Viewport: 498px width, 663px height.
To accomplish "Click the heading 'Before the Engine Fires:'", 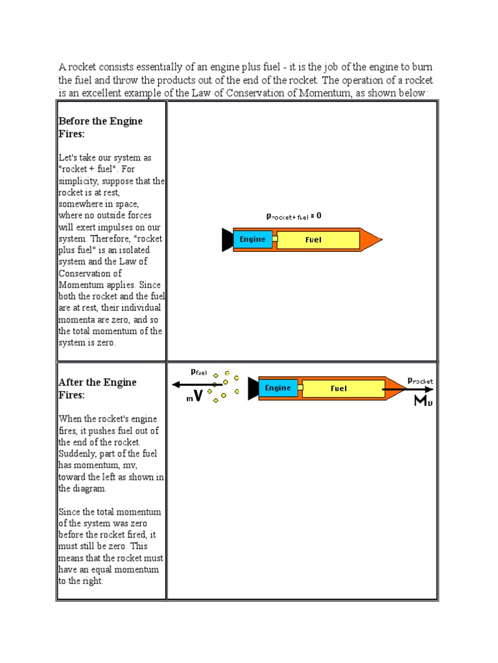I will tap(100, 127).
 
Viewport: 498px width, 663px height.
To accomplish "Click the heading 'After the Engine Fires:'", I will tap(97, 388).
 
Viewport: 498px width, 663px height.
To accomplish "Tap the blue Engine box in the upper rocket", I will tap(252, 240).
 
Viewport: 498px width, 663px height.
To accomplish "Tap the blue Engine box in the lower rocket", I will tap(278, 388).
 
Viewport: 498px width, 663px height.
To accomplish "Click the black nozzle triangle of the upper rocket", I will tap(227, 240).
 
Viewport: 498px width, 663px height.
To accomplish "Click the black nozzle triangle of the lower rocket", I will tap(253, 388).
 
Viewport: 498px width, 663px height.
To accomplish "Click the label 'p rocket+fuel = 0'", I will tap(294, 216).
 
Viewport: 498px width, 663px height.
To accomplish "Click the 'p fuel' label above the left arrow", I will tap(198, 372).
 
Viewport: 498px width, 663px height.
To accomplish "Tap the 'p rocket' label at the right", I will tap(420, 381).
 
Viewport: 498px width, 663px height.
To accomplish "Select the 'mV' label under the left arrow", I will tap(195, 397).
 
